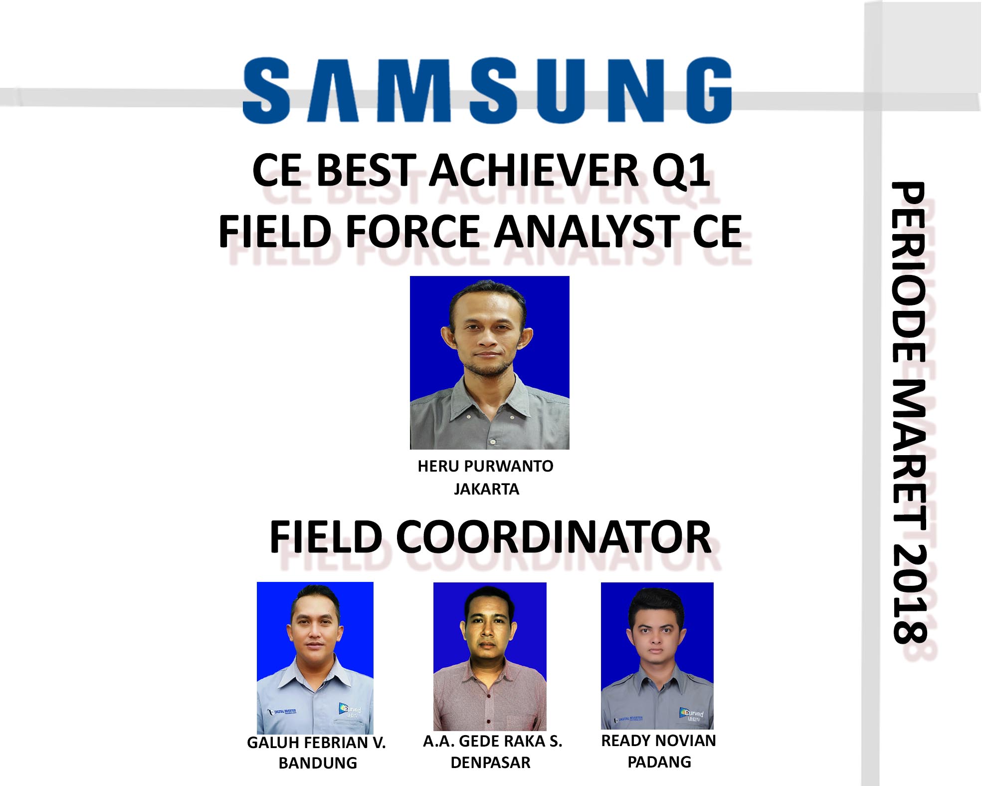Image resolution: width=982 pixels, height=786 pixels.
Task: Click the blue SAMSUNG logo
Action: pyautogui.click(x=487, y=90)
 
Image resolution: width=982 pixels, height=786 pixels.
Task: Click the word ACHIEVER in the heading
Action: pyautogui.click(x=533, y=170)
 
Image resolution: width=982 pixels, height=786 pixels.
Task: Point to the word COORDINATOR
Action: pyautogui.click(x=554, y=537)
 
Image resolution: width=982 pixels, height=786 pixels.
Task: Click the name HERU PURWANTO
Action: pyautogui.click(x=486, y=466)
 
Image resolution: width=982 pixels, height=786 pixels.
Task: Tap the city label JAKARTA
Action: pyautogui.click(x=486, y=489)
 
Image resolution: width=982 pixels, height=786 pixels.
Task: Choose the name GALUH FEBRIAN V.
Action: pyautogui.click(x=316, y=743)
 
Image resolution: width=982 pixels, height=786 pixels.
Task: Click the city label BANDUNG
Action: pyautogui.click(x=318, y=763)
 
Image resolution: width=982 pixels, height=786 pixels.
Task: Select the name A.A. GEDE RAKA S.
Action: pyautogui.click(x=492, y=741)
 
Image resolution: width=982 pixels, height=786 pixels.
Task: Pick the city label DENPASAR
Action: pyautogui.click(x=491, y=763)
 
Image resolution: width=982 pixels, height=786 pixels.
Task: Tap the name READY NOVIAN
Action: pyautogui.click(x=658, y=741)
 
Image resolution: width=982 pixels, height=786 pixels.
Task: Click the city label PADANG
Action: pyautogui.click(x=659, y=762)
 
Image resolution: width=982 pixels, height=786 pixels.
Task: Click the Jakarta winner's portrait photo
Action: pyautogui.click(x=490, y=363)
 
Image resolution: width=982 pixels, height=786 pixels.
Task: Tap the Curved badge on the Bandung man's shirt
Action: pyautogui.click(x=350, y=710)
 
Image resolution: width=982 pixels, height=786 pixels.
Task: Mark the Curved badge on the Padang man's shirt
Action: pyautogui.click(x=692, y=714)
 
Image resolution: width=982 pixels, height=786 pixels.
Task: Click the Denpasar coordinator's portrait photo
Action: pyautogui.click(x=490, y=656)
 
